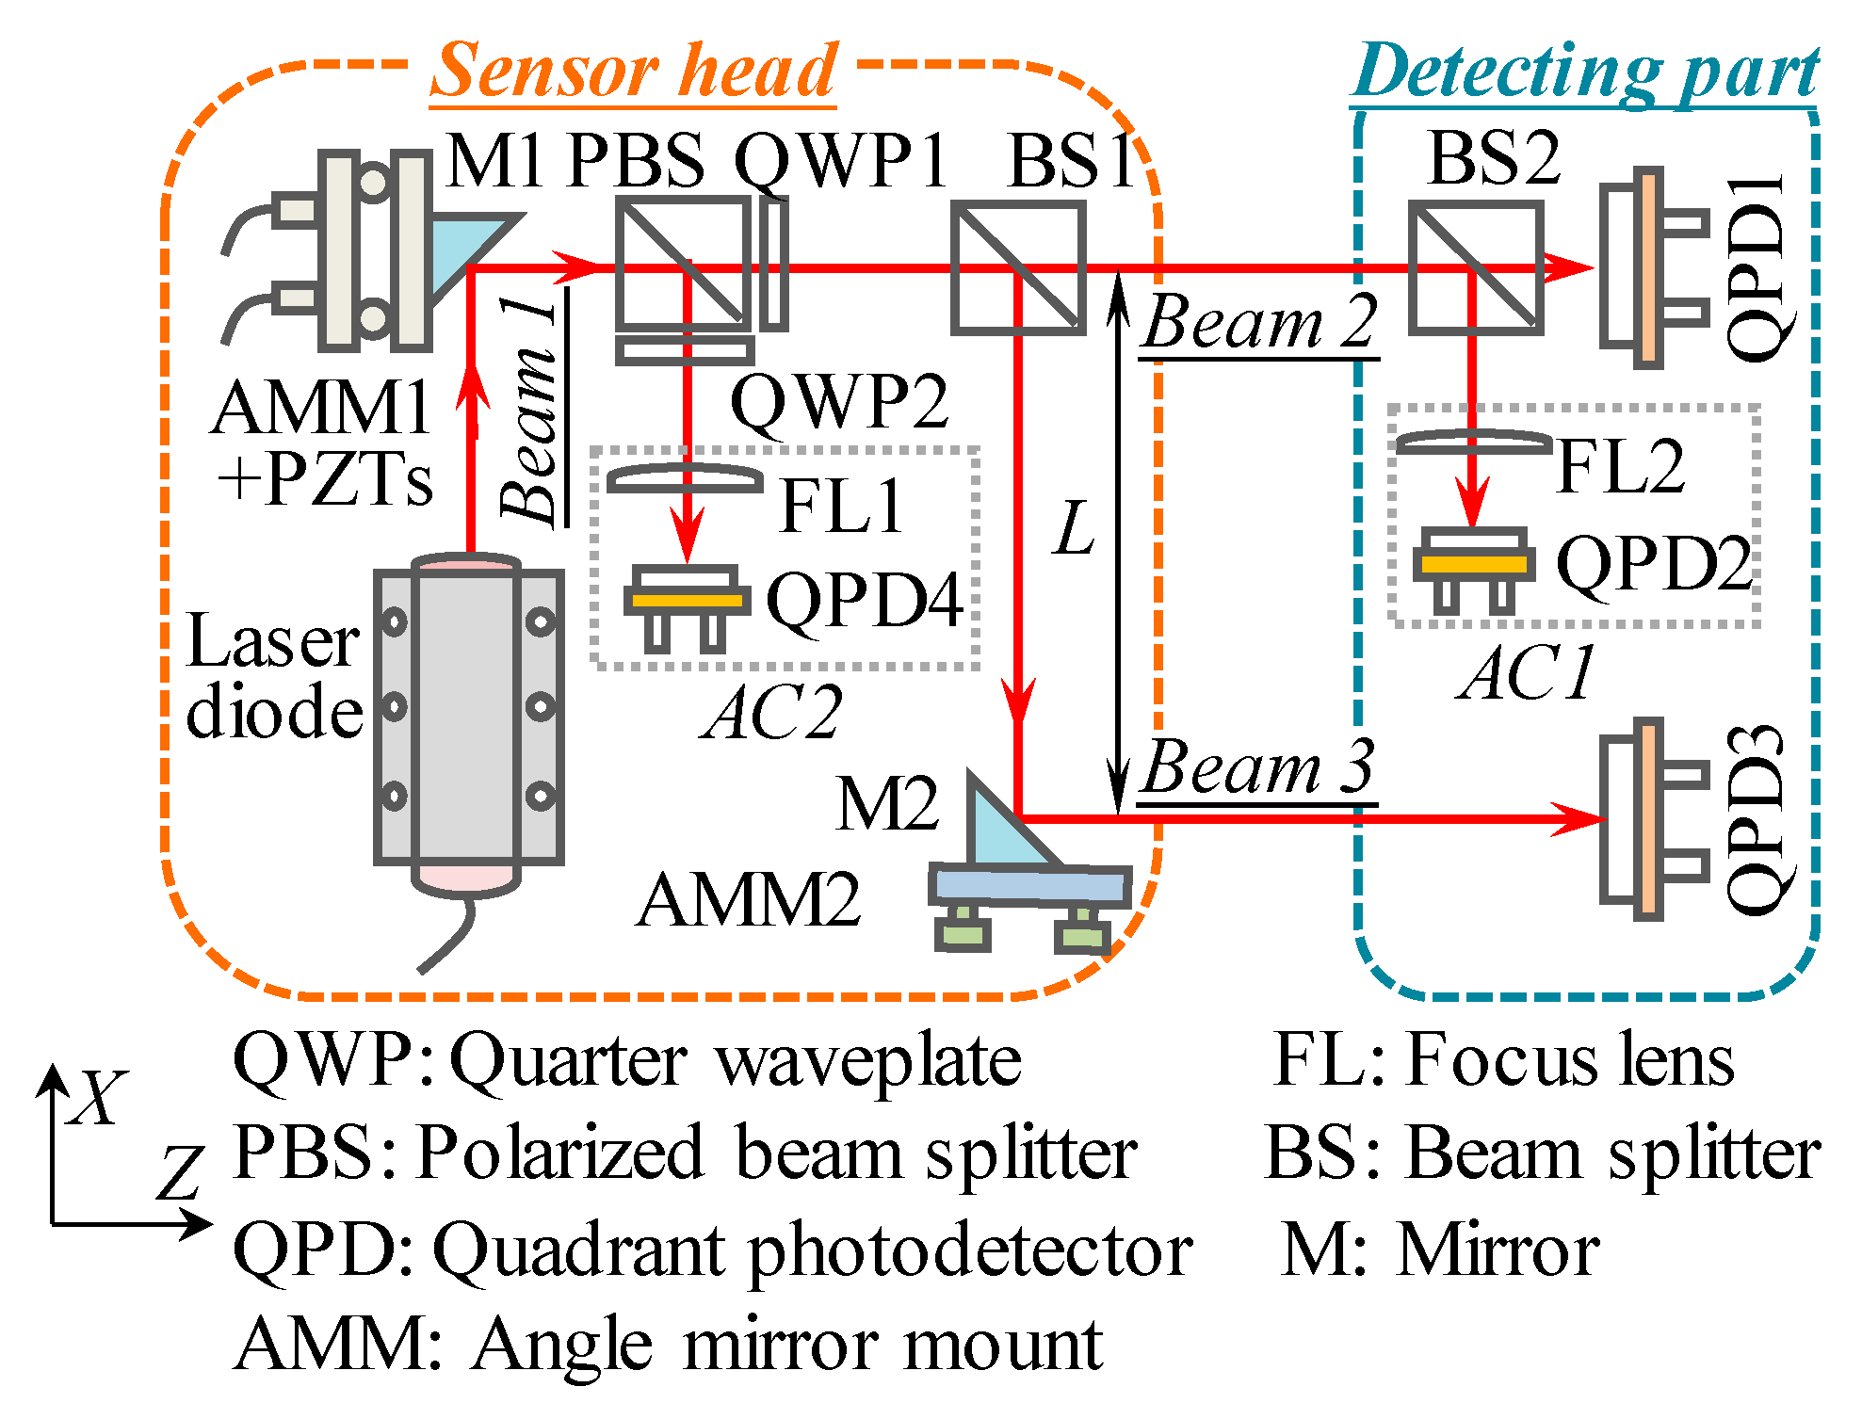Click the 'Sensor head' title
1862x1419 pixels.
[x=633, y=71]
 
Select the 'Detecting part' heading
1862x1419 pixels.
[x=1585, y=71]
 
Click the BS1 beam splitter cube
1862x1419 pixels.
[x=1017, y=267]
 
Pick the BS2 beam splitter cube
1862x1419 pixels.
[x=1475, y=267]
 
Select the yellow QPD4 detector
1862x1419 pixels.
[x=688, y=600]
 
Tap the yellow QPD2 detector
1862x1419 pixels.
[x=1474, y=564]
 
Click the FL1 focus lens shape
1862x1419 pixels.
[x=685, y=479]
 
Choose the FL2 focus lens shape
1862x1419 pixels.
[x=1473, y=442]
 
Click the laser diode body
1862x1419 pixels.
[x=467, y=720]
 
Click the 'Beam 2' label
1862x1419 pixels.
[x=1260, y=322]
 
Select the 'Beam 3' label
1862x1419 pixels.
[x=1258, y=767]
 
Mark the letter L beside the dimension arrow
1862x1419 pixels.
[x=1074, y=528]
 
